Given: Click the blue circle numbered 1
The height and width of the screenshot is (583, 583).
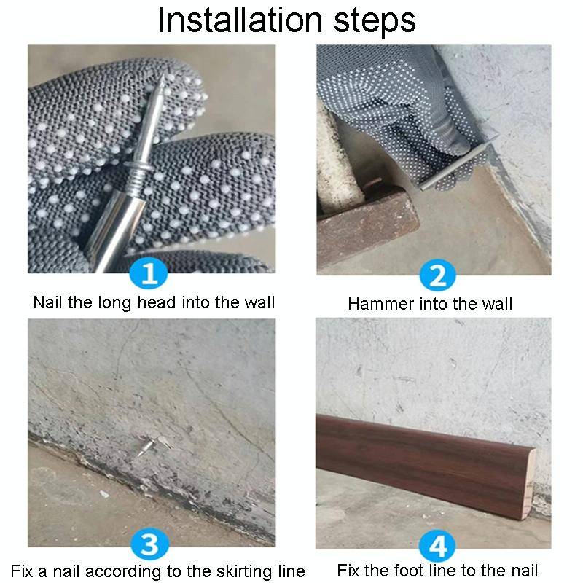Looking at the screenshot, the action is coord(149,274).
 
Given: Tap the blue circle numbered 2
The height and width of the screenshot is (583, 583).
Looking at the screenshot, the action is coord(438,275).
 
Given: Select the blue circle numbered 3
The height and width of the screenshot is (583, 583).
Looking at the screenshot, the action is coord(150,544).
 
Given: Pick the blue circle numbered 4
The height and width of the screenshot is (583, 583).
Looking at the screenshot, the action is coord(438,546).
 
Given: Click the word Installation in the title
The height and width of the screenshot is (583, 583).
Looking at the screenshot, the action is coord(240,20).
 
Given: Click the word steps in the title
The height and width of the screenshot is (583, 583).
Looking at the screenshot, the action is coord(375,21).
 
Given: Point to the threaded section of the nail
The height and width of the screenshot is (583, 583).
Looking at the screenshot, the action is coord(138,177).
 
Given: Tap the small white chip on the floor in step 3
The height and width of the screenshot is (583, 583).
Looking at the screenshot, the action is coord(104,494).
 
